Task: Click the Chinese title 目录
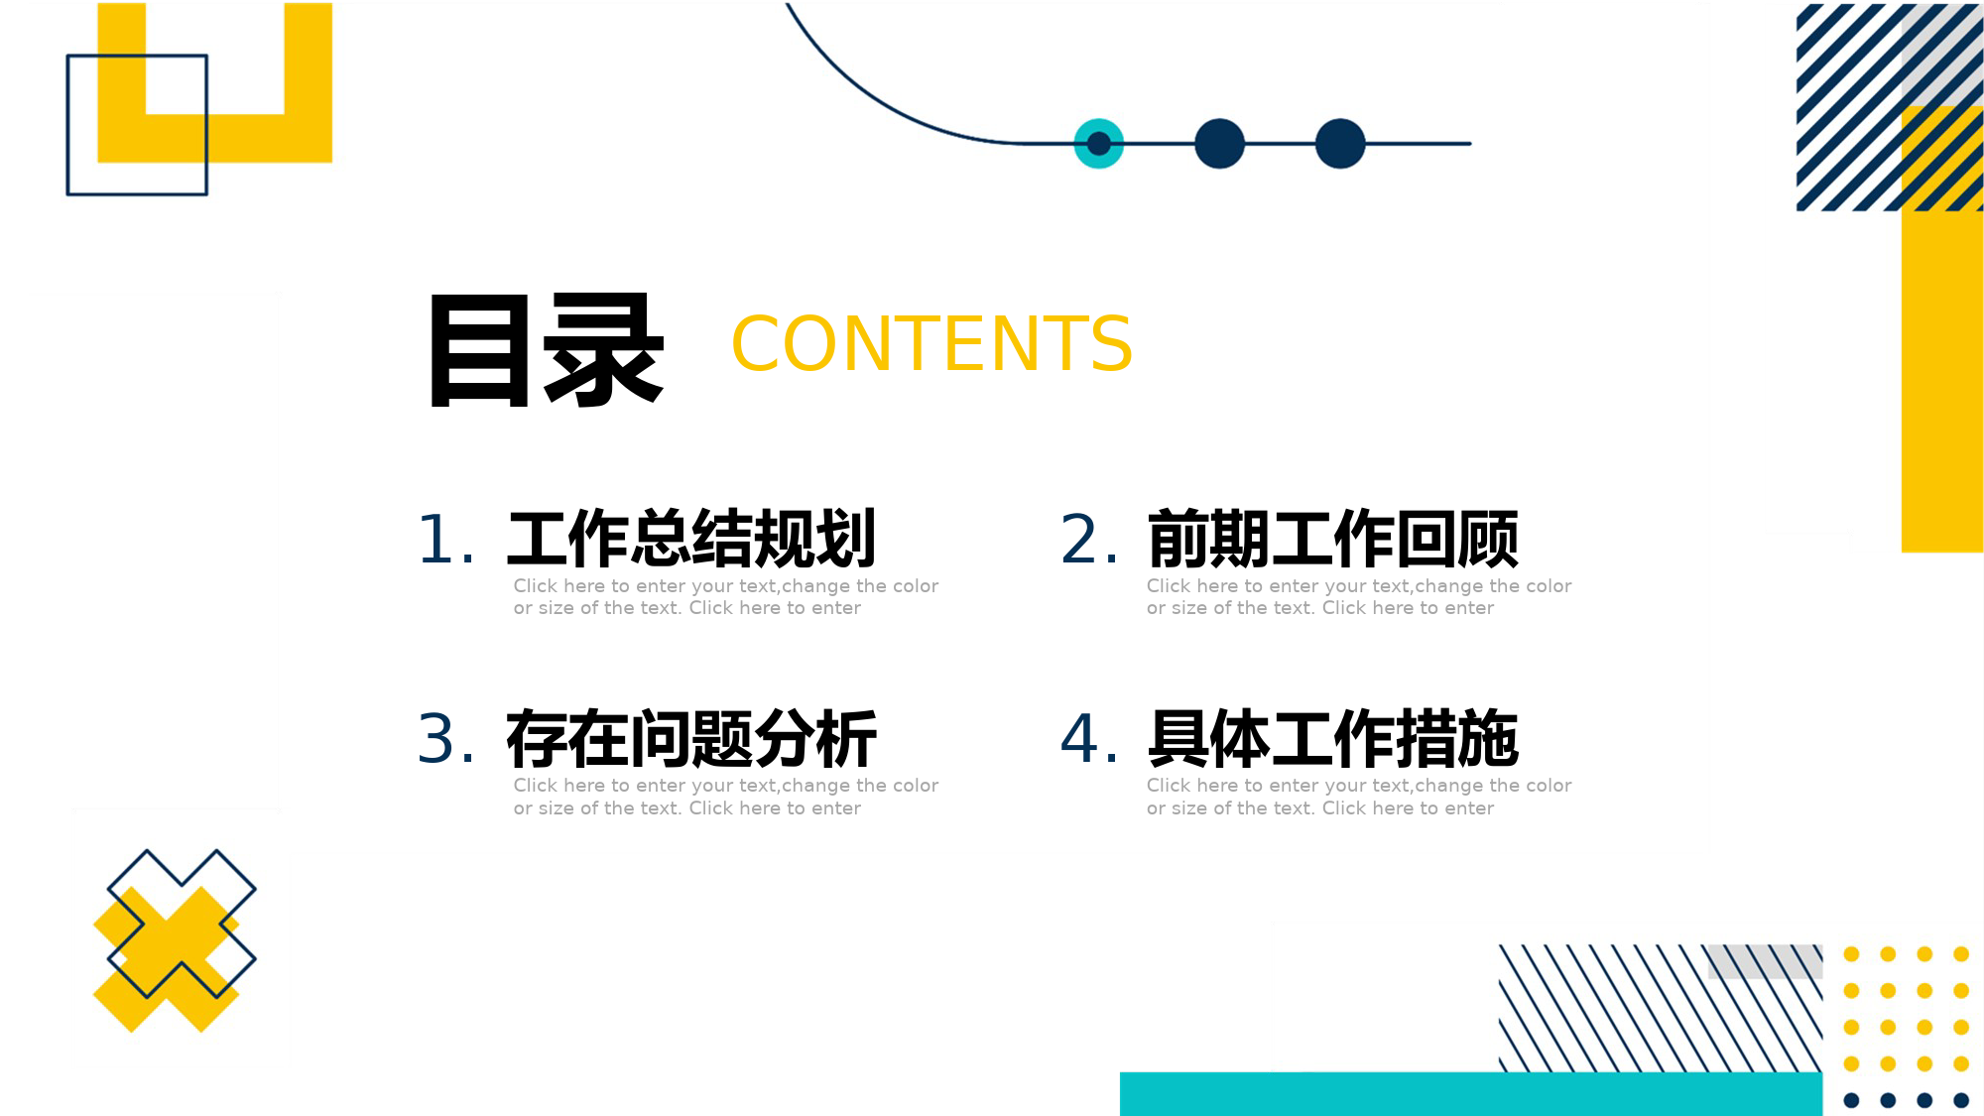[547, 349]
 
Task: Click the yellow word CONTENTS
[931, 344]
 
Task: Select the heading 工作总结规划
[691, 539]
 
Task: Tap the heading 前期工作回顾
[1333, 539]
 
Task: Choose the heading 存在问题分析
[691, 739]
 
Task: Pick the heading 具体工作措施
[1333, 739]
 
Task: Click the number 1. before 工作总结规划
[445, 541]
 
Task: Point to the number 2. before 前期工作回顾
[1089, 541]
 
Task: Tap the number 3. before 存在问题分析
[445, 740]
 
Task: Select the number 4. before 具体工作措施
[1089, 740]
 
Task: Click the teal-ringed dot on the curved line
[1099, 144]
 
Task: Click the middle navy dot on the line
[1219, 144]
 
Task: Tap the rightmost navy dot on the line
[1340, 144]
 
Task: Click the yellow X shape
[167, 959]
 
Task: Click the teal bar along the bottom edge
[1471, 1093]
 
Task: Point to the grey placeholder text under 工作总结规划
[726, 597]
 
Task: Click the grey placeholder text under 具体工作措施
[1359, 797]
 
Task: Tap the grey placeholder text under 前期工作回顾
[1359, 597]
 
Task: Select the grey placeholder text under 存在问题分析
[726, 797]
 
